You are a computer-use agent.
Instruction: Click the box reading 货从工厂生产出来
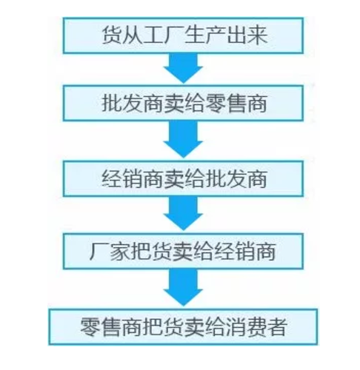(x=183, y=36)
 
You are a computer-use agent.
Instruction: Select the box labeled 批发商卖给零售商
(x=183, y=103)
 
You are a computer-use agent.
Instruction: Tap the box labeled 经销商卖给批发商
(x=183, y=178)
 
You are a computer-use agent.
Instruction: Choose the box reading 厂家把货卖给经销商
(x=183, y=251)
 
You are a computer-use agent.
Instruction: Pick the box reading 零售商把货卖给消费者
(x=183, y=326)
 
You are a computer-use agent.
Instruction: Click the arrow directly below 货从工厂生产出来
(x=183, y=68)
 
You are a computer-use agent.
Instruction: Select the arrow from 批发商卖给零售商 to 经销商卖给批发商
(x=183, y=139)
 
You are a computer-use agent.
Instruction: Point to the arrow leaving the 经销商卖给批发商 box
(x=183, y=214)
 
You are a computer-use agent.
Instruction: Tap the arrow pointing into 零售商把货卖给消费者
(x=183, y=287)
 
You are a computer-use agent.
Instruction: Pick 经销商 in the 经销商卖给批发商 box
(x=133, y=179)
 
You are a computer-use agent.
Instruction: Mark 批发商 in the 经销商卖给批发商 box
(x=236, y=179)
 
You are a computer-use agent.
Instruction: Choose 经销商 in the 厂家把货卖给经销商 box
(x=244, y=252)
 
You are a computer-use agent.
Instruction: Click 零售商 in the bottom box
(x=111, y=327)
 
